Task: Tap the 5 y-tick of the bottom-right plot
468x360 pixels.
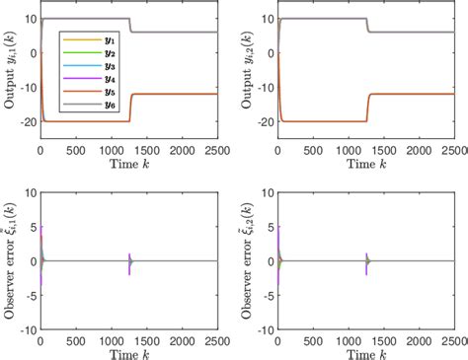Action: coord(268,226)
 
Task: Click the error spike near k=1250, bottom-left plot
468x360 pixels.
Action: coord(129,260)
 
